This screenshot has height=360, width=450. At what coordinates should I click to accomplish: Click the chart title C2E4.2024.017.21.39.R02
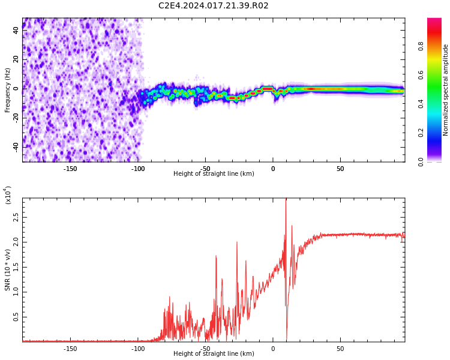pos(214,6)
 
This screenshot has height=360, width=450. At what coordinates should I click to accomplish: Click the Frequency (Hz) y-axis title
pos(8,89)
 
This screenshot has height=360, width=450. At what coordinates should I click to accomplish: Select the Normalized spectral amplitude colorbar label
pos(446,89)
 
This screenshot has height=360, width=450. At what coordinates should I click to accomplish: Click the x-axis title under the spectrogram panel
pos(214,174)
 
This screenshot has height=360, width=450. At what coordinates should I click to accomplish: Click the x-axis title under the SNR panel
pos(214,354)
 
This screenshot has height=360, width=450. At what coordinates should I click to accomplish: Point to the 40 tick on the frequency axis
pos(16,31)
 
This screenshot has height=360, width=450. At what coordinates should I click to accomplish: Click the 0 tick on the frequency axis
pos(16,89)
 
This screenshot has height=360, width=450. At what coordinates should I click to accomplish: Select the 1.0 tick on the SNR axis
pos(16,293)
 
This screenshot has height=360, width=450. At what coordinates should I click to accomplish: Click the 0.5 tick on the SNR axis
pos(16,318)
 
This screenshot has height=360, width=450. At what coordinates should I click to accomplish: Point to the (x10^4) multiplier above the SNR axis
pos(8,194)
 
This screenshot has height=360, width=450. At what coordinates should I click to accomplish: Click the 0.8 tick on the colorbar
pos(421,46)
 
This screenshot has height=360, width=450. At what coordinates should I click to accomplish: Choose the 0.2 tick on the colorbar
pos(421,133)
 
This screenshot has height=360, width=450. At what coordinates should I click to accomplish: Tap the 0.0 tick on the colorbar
pos(421,161)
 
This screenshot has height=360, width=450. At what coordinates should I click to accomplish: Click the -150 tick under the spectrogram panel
pos(70,169)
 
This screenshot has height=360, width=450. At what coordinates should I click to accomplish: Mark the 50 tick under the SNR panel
pos(340,349)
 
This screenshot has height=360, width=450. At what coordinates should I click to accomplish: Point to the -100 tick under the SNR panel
pos(138,349)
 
